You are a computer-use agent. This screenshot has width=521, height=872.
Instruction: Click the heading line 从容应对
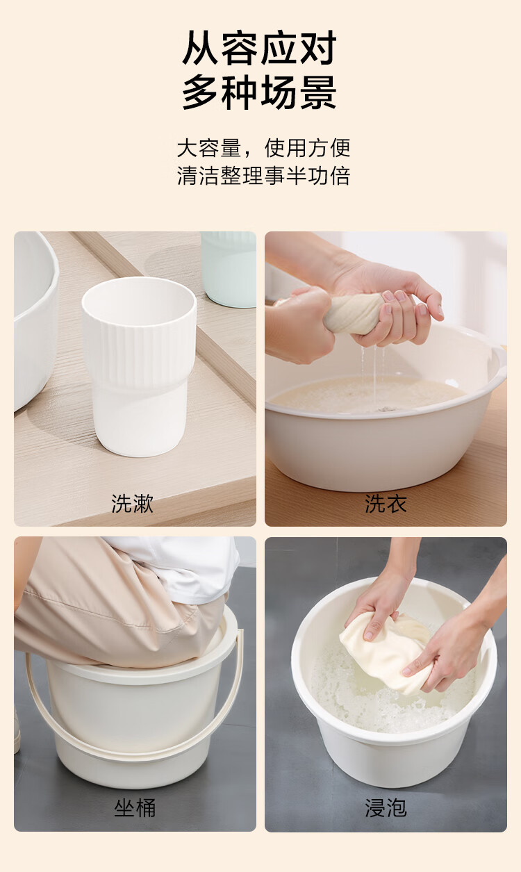click(260, 48)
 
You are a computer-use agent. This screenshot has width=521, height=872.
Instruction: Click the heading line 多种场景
click(260, 92)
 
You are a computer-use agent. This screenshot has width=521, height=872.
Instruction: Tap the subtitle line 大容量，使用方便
click(263, 148)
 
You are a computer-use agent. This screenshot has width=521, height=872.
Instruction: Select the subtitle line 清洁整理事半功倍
click(263, 176)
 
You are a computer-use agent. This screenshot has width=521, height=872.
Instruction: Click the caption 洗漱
click(132, 504)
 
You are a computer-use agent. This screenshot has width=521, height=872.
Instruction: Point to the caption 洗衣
click(386, 504)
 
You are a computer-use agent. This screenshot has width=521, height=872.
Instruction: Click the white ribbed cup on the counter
click(140, 366)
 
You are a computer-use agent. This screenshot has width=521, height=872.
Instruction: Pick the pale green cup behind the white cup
click(229, 269)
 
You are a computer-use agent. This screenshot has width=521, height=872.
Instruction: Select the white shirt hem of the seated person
click(183, 564)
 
